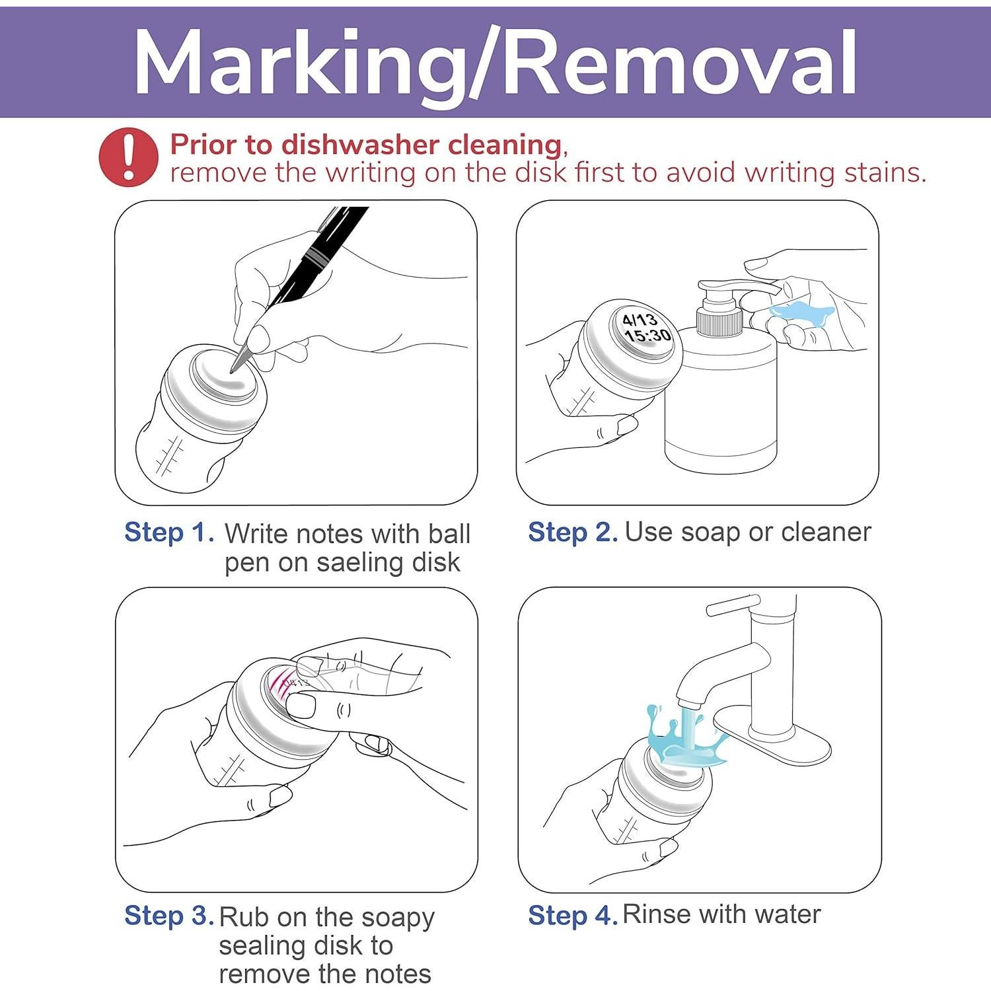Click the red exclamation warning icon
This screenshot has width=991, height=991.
point(129,157)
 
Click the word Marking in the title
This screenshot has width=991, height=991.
point(298,64)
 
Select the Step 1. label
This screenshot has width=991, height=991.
point(170,532)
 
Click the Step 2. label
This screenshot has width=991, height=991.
point(573,532)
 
